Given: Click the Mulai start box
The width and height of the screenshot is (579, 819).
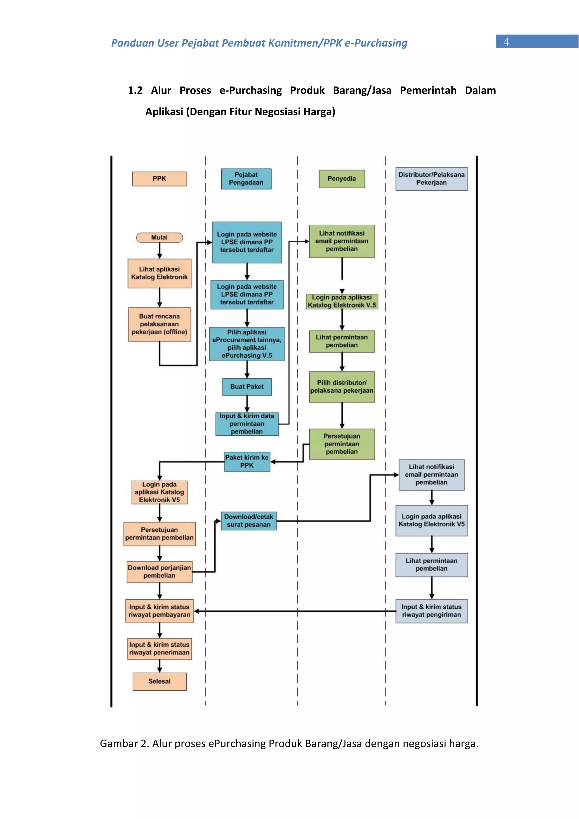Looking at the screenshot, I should (159, 237).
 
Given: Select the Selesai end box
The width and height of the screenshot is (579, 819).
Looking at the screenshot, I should (159, 681).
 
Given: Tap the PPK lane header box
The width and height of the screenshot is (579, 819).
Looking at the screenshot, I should (159, 179).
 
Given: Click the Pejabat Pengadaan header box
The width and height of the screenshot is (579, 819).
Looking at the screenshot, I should (246, 179).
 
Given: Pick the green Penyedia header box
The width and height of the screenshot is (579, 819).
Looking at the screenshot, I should (342, 179).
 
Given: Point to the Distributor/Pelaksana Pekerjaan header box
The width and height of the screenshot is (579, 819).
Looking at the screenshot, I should (432, 179).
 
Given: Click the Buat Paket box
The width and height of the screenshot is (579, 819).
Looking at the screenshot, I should (247, 387).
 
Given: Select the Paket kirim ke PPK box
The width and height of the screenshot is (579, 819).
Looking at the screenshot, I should (247, 462).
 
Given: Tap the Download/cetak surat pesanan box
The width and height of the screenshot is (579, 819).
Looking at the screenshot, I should (249, 521).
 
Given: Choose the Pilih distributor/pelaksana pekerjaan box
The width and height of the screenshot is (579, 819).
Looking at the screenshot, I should (342, 387).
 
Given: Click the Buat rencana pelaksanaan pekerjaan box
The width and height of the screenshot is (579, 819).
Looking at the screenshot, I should (159, 324).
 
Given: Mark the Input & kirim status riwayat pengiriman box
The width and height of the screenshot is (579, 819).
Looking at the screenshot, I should (432, 611).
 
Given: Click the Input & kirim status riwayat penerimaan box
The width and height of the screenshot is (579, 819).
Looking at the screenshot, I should (159, 649).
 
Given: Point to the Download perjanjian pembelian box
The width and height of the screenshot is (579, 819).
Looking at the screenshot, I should (159, 572).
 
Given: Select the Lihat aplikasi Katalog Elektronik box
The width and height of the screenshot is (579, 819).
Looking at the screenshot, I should (159, 273).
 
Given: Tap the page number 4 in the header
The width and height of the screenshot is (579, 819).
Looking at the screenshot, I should (506, 42).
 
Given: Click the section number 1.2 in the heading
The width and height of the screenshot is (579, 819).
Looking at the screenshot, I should (135, 90).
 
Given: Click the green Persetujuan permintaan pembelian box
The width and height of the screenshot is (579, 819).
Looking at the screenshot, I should (342, 444).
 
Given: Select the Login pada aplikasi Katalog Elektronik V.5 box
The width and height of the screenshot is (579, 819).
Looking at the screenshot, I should (342, 301).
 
